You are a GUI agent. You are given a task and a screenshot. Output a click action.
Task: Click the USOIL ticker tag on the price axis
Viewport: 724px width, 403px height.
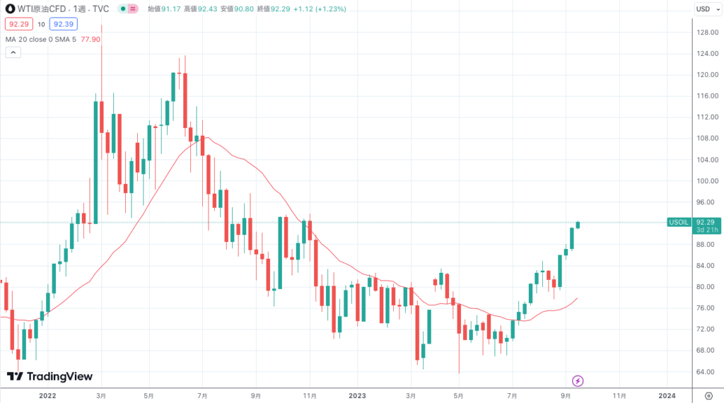point(678,222)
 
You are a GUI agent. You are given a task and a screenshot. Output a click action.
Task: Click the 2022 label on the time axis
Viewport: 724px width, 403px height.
point(48,395)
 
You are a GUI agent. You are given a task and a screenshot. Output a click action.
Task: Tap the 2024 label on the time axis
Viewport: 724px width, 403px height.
point(666,395)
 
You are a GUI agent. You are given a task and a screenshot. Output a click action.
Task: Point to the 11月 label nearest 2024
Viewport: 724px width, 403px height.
point(619,395)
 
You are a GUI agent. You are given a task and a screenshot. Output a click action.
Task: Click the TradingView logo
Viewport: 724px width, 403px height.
point(49,377)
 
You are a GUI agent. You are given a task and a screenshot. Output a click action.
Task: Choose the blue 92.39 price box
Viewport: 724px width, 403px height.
point(64,24)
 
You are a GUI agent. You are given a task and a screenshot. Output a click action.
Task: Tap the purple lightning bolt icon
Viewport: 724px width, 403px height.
point(578,381)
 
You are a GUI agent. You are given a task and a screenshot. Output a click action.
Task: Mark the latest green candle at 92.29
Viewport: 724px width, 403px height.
point(578,225)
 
